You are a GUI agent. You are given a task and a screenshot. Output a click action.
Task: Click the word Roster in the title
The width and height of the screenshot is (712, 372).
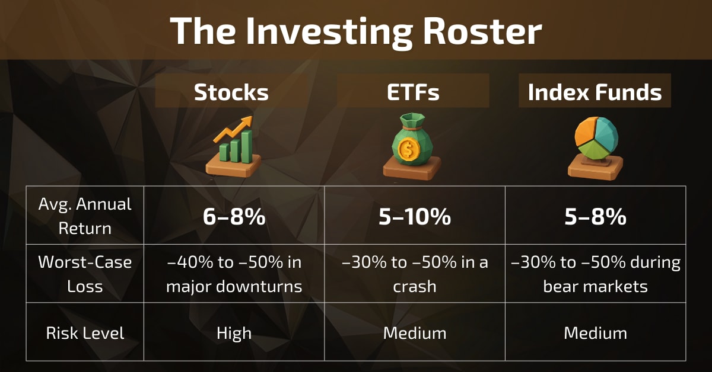[482, 31]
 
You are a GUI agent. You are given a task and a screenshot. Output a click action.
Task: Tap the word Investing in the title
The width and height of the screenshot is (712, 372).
[329, 33]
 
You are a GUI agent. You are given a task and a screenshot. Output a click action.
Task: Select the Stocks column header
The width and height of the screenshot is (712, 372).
[231, 92]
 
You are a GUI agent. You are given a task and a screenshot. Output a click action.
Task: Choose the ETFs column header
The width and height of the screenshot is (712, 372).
[413, 92]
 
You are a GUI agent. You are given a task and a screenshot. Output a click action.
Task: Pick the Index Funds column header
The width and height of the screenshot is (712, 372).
[595, 92]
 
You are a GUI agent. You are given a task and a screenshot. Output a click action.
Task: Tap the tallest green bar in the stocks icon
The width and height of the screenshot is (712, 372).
[247, 146]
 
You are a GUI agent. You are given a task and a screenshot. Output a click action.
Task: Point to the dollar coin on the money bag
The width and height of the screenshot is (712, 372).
[409, 149]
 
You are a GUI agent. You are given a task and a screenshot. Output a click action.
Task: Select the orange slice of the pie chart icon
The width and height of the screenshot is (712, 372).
[586, 132]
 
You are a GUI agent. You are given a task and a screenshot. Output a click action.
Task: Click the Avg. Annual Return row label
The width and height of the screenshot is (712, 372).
[85, 216]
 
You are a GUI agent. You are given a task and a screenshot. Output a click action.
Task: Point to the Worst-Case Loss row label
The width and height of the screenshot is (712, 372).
[85, 274]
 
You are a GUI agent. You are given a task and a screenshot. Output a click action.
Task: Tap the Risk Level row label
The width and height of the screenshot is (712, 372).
[85, 333]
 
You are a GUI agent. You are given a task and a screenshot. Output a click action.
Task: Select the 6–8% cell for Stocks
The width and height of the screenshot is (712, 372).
[234, 217]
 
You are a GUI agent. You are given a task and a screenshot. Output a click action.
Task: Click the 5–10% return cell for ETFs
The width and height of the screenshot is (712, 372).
[415, 217]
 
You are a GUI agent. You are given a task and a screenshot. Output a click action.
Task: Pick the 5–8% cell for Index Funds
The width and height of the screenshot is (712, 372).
[595, 217]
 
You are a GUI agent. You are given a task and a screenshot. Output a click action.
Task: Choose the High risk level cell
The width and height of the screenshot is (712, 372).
[234, 333]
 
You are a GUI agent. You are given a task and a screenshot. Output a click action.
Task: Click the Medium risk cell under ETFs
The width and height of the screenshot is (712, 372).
[415, 333]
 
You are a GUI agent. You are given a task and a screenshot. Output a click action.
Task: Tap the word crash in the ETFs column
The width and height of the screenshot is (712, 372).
[415, 287]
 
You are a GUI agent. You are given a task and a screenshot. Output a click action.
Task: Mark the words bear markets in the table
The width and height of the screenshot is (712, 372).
[595, 286]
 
